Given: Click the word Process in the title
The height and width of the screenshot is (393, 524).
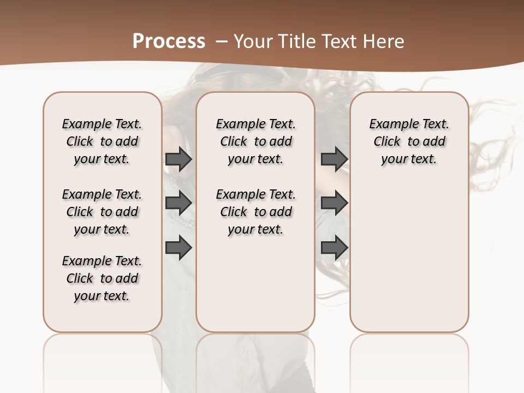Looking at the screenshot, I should pyautogui.click(x=169, y=41).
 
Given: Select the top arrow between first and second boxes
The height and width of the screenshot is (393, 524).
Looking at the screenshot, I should pyautogui.click(x=178, y=159).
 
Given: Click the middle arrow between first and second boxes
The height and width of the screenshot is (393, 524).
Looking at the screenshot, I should pyautogui.click(x=178, y=203).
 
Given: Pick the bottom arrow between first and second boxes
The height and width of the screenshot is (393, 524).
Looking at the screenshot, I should pyautogui.click(x=178, y=247).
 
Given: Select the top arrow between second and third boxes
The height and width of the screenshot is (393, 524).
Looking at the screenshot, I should pyautogui.click(x=334, y=159).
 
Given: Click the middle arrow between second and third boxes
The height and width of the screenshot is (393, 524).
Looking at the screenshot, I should pyautogui.click(x=334, y=203).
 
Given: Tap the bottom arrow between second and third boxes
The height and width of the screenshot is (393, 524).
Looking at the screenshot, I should pyautogui.click(x=334, y=247).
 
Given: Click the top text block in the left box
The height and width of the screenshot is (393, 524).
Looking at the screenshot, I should pyautogui.click(x=102, y=141).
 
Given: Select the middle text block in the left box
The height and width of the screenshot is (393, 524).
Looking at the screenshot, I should pyautogui.click(x=102, y=212).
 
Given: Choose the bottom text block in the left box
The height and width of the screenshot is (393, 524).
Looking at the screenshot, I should pyautogui.click(x=102, y=278).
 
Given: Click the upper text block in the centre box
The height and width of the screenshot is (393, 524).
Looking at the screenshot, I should pyautogui.click(x=255, y=141).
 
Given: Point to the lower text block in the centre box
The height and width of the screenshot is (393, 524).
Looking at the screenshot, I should pyautogui.click(x=255, y=212).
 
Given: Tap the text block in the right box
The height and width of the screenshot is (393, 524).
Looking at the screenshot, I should pyautogui.click(x=409, y=141).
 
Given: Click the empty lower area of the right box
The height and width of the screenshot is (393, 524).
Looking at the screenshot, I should pyautogui.click(x=409, y=257).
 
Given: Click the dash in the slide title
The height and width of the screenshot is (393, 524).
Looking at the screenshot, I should pyautogui.click(x=222, y=41).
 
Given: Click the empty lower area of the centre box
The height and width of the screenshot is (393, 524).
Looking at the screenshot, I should pyautogui.click(x=255, y=284).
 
